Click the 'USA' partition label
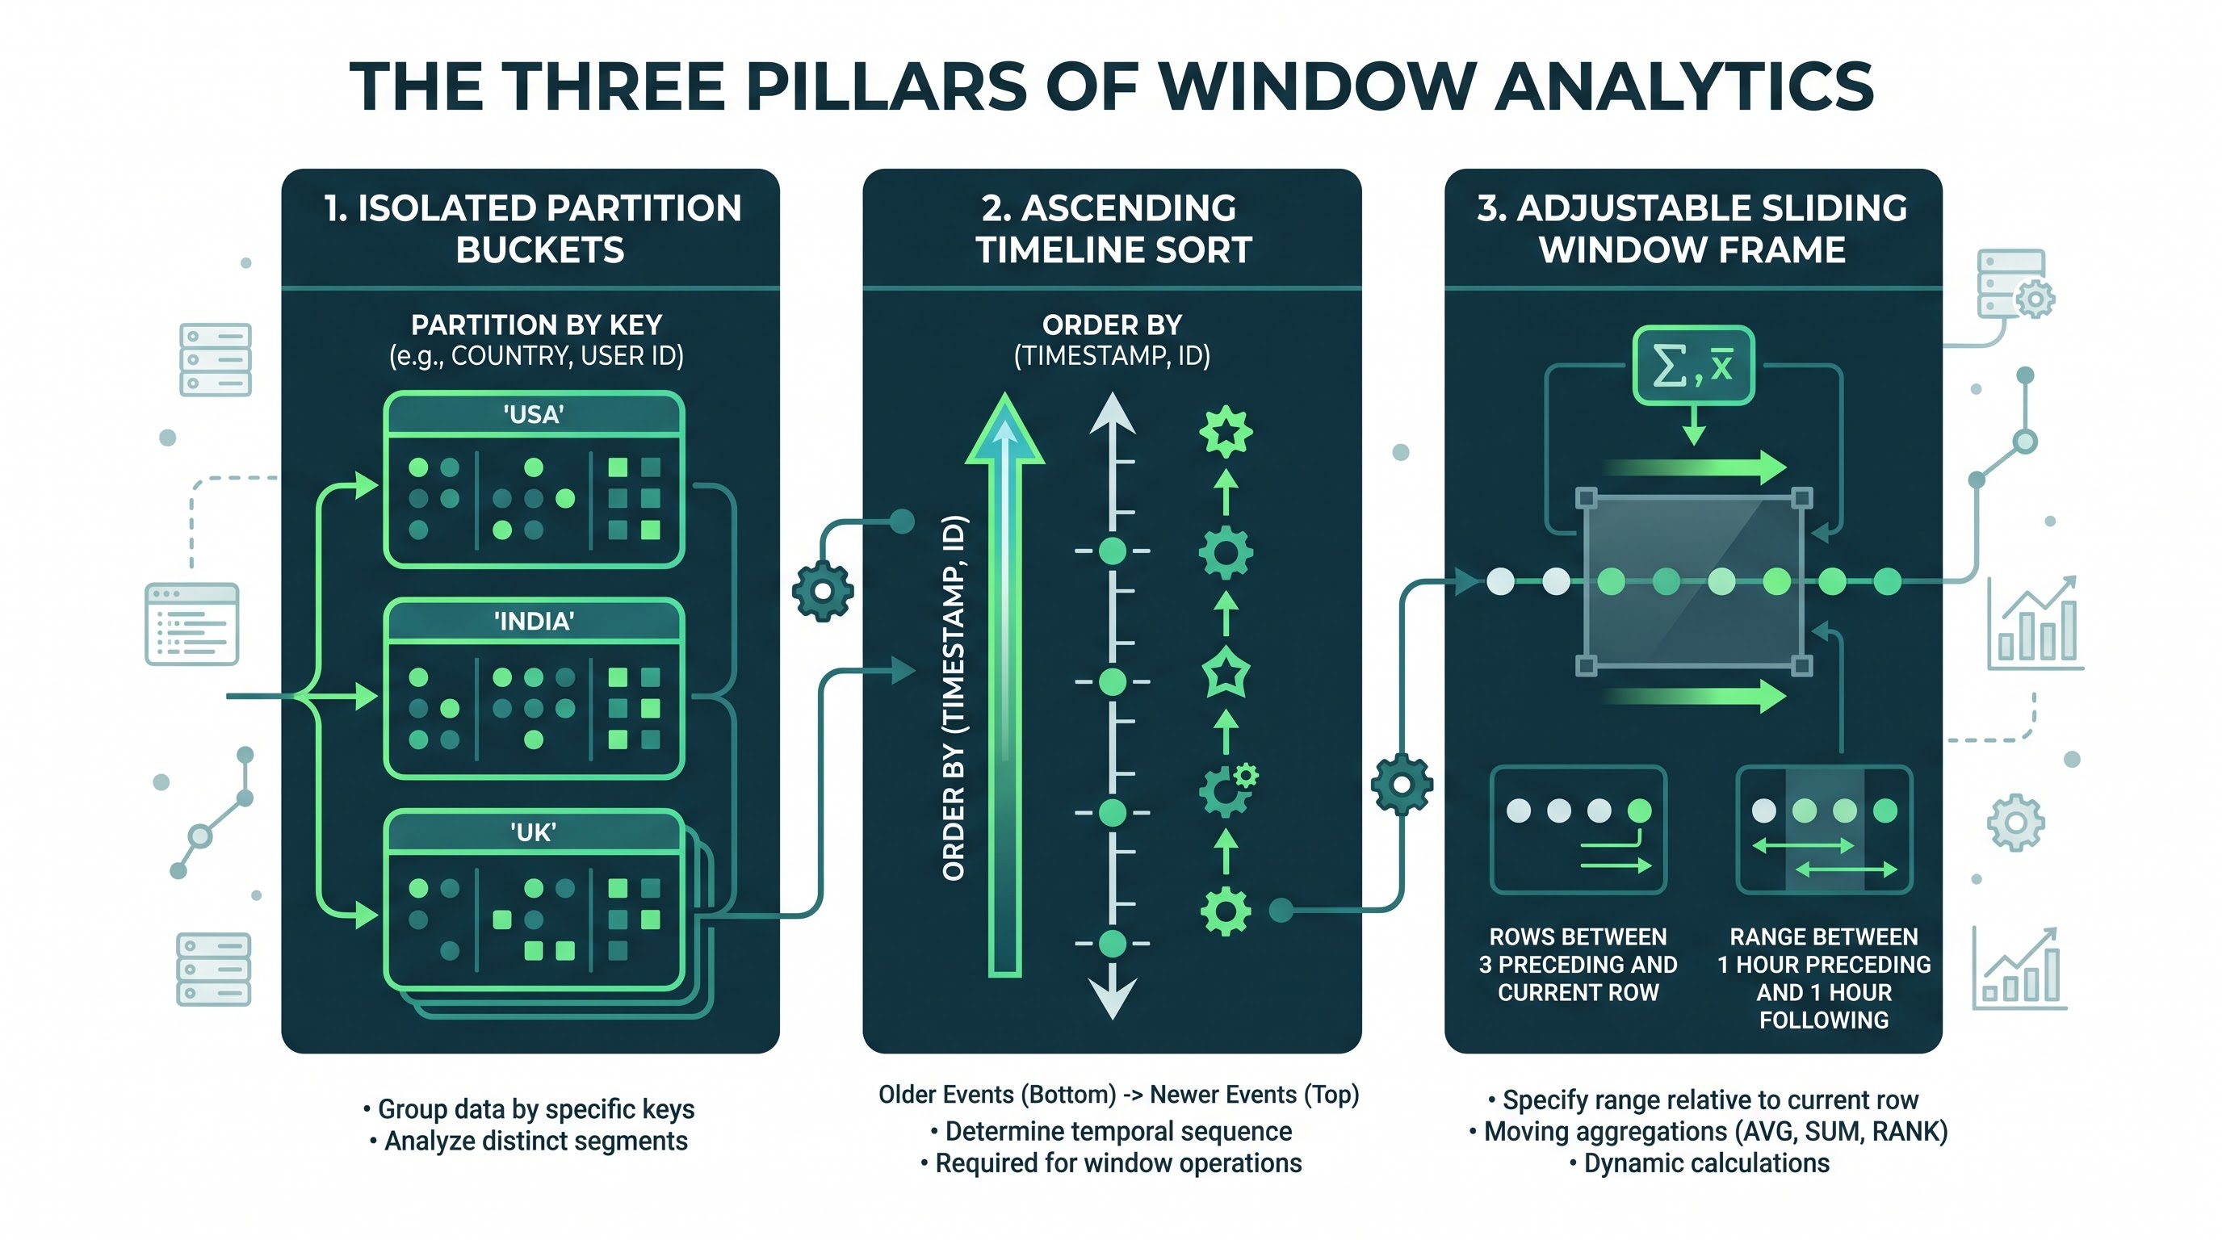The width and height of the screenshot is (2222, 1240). click(x=533, y=415)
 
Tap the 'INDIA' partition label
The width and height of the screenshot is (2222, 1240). click(x=533, y=622)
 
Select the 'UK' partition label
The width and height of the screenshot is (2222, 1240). click(x=533, y=832)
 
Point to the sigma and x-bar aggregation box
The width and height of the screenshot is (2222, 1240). click(x=1693, y=366)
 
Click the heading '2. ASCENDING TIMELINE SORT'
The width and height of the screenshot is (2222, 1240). click(x=1112, y=228)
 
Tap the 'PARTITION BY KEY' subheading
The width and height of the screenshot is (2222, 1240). click(x=535, y=325)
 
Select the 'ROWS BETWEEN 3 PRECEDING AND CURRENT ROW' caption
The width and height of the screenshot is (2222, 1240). click(x=1578, y=964)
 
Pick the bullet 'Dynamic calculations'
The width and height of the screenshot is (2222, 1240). click(x=1700, y=1163)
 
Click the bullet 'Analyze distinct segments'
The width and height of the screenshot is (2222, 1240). click(x=529, y=1141)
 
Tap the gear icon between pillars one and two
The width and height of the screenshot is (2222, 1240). click(x=823, y=591)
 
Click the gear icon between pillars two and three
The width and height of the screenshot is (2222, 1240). click(x=1402, y=784)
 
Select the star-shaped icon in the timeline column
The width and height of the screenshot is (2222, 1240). click(x=1226, y=673)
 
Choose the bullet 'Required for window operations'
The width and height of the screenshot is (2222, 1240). click(x=1111, y=1163)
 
